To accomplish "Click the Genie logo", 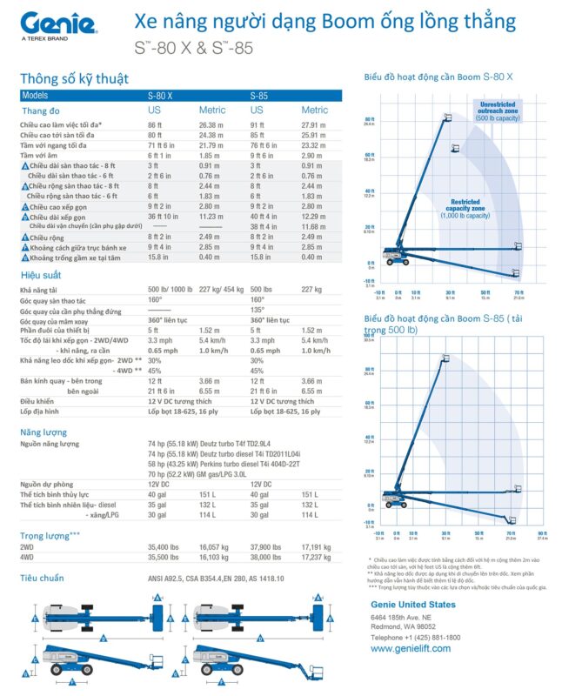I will pos(57,24).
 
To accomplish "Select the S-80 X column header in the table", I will pos(160,95).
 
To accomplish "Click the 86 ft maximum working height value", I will pos(154,124).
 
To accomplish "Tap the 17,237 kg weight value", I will pos(316,556).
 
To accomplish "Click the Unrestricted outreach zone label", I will pos(498,110).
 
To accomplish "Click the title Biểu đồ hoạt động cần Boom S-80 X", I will pos(438,78).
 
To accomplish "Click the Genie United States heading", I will pos(412,604).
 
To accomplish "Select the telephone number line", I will pos(415,637).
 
